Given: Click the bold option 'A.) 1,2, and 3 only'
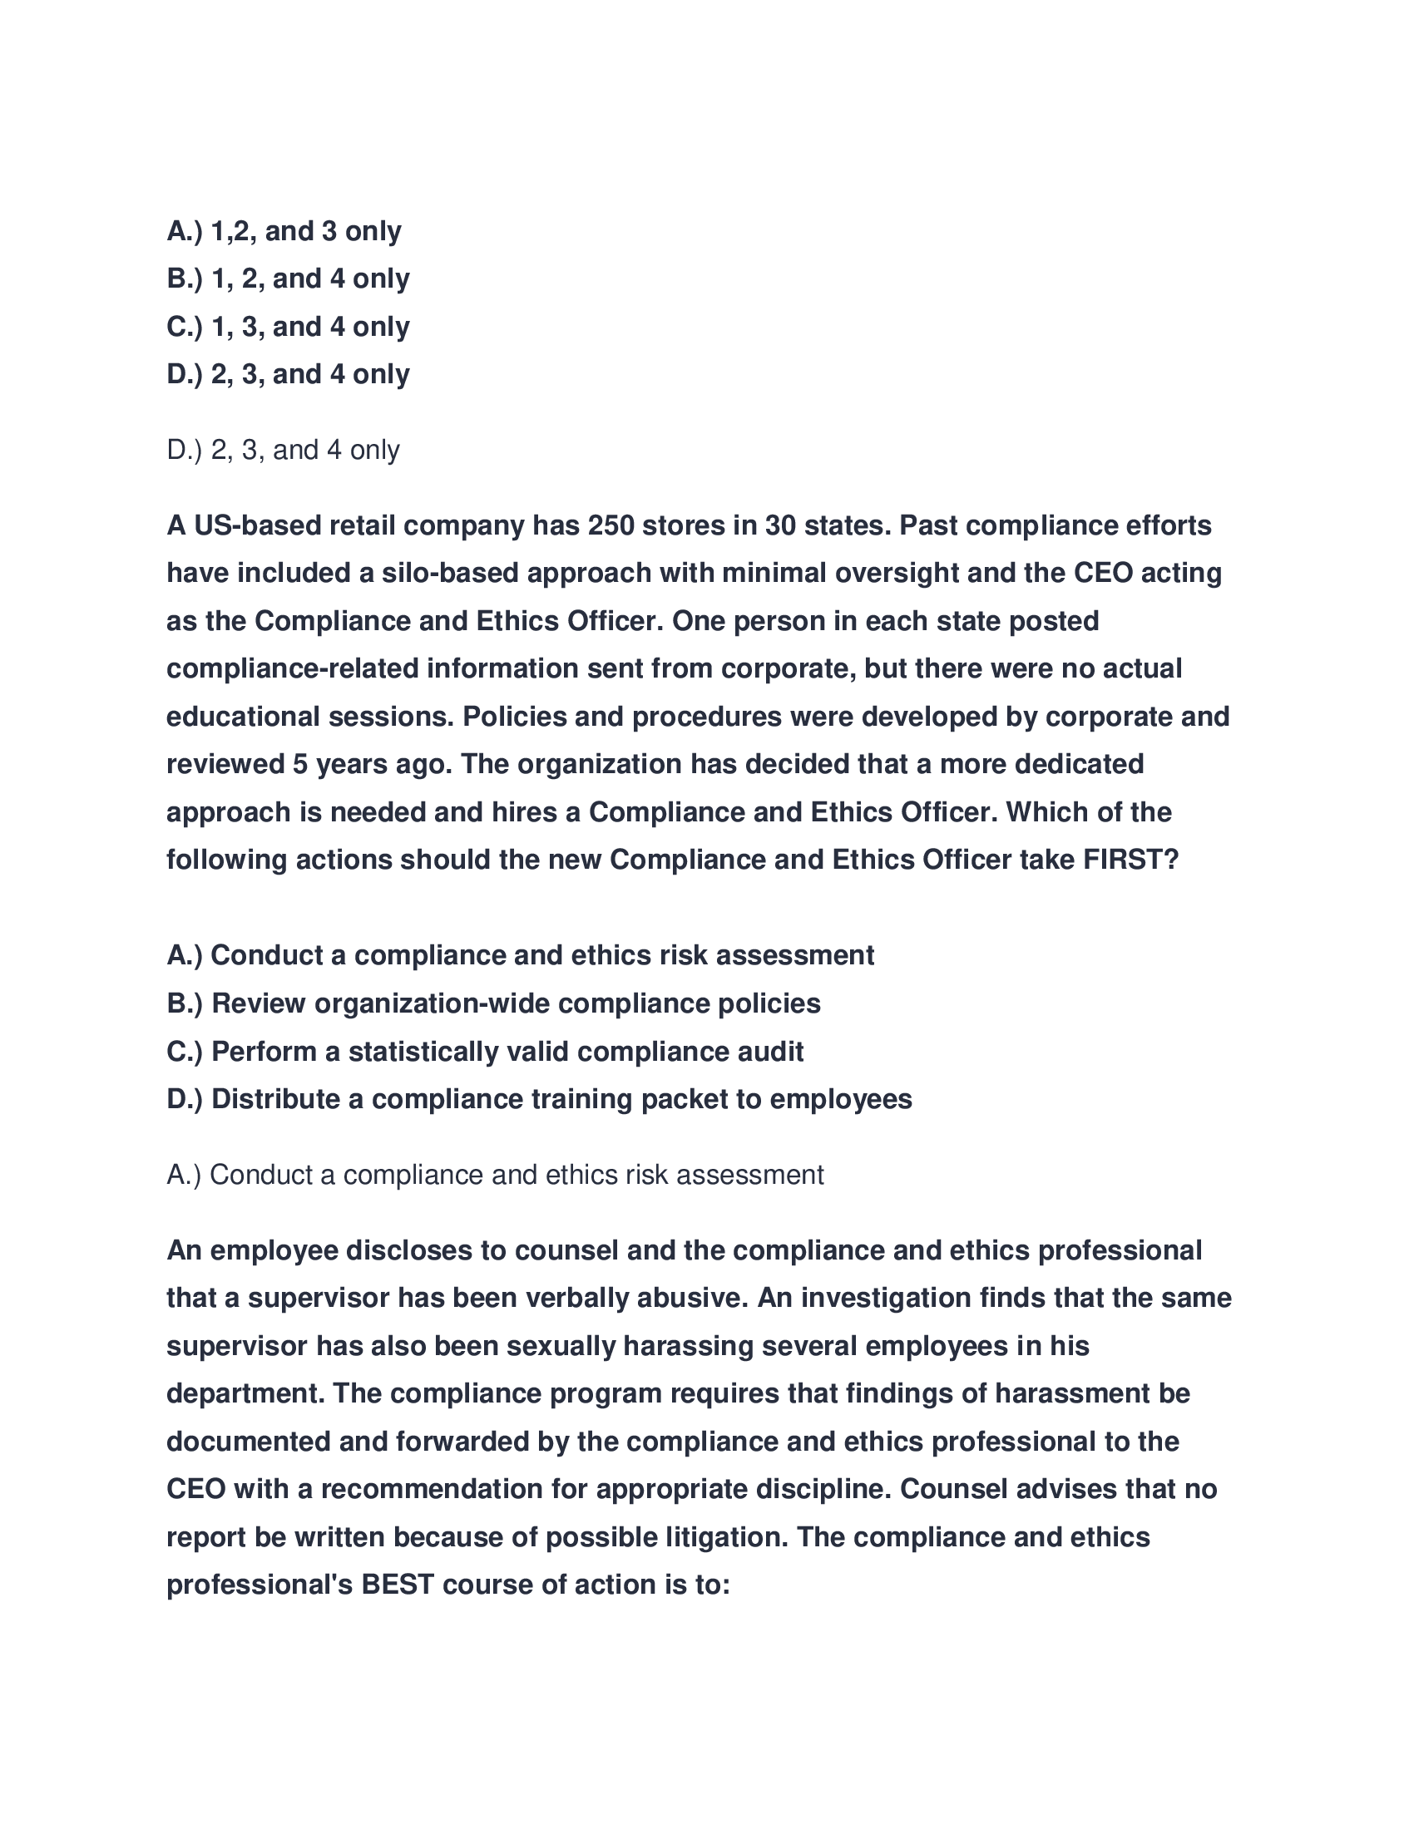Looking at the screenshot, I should tap(284, 231).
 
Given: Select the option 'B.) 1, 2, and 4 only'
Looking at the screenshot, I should tap(288, 279).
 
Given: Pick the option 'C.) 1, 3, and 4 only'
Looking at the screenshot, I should tap(288, 327).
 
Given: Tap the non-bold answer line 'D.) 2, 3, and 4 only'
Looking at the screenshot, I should tap(283, 451).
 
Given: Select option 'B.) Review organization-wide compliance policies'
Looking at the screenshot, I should tap(493, 1003).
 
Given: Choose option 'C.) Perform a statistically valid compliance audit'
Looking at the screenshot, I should tap(485, 1052).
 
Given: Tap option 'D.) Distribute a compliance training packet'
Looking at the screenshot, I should tap(540, 1100).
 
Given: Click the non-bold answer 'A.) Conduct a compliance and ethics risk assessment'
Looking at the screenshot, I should tap(495, 1176).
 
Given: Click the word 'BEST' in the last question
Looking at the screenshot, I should tap(397, 1585).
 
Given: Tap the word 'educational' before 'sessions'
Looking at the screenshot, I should tap(243, 717).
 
